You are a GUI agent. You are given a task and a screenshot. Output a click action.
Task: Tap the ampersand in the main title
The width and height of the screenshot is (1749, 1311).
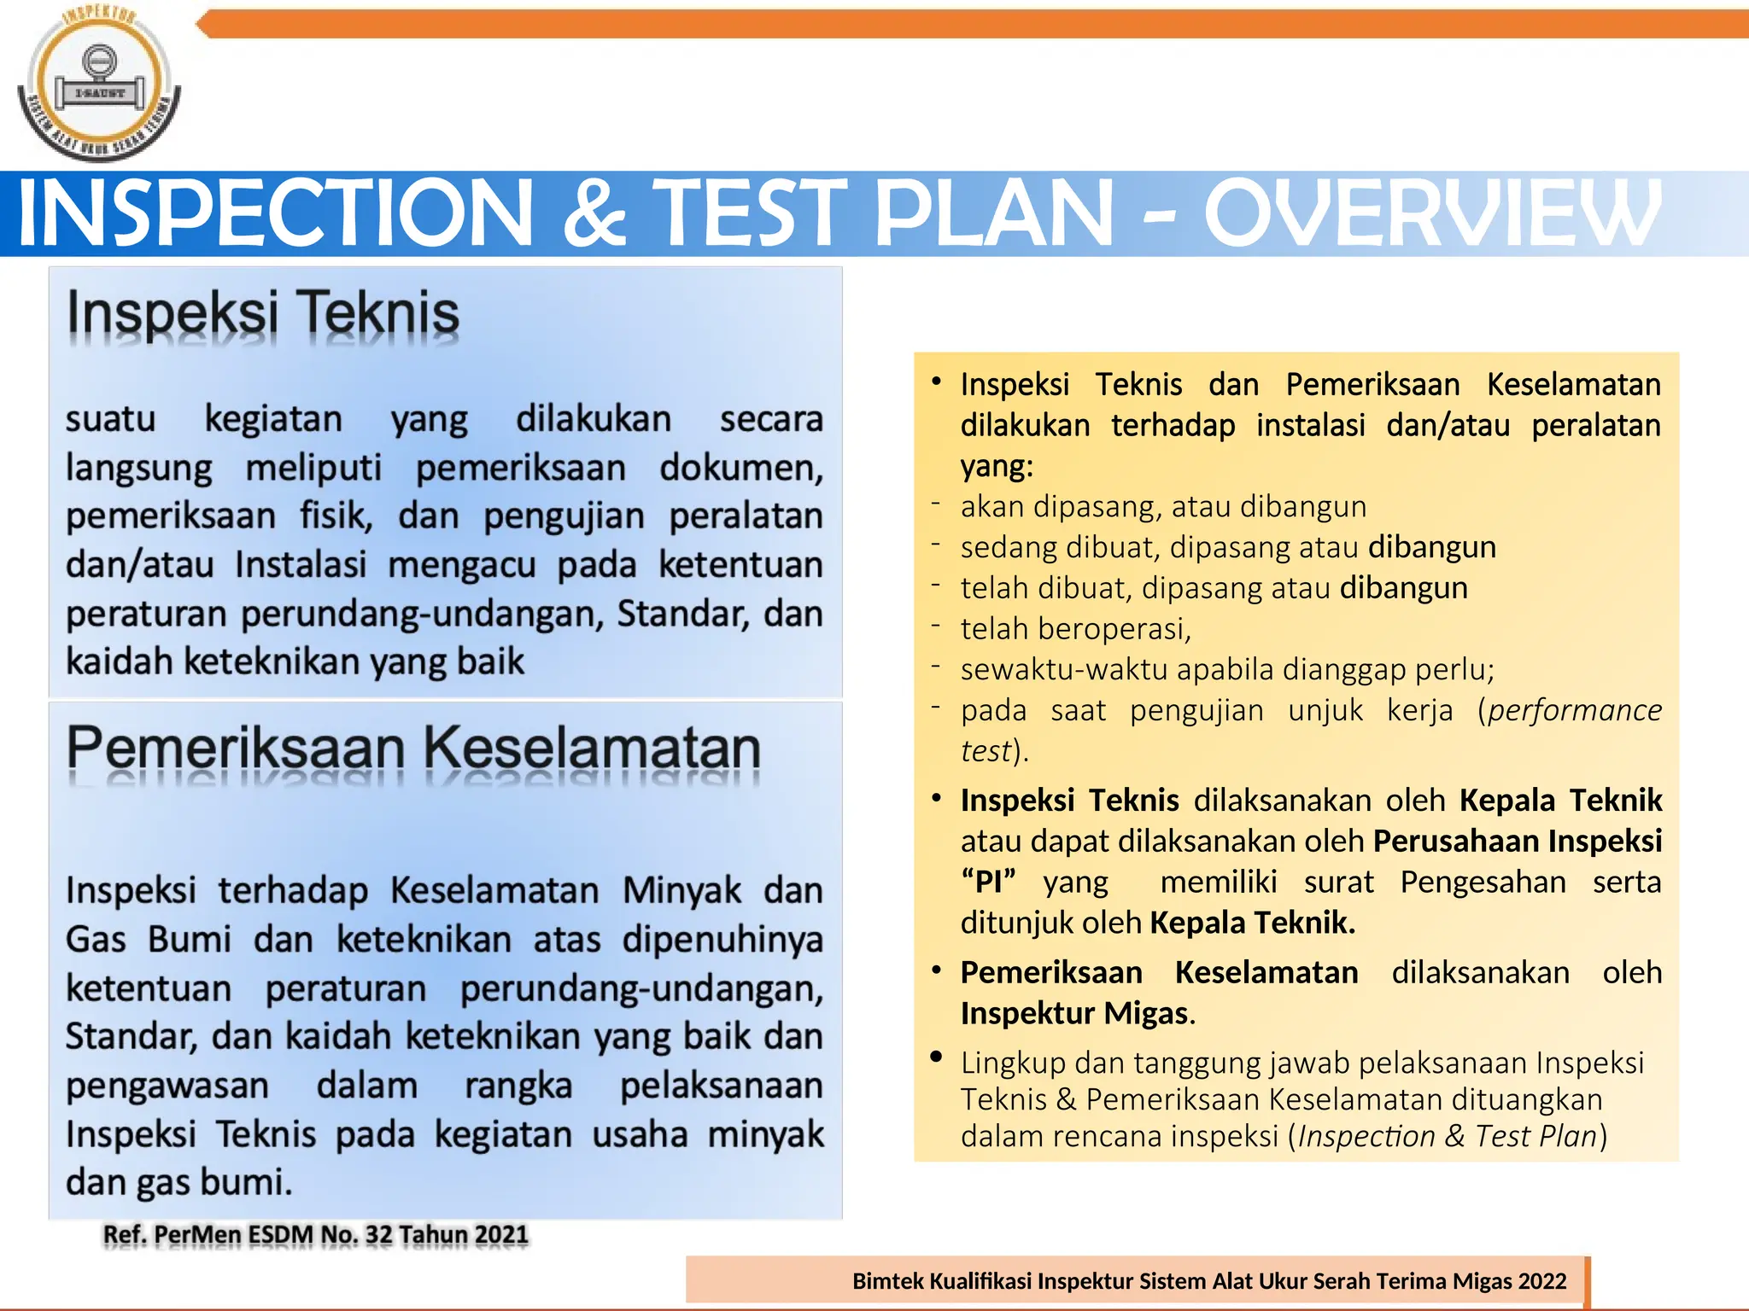(x=595, y=213)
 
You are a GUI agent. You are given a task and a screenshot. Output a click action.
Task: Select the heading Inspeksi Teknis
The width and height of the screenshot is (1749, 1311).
(x=263, y=313)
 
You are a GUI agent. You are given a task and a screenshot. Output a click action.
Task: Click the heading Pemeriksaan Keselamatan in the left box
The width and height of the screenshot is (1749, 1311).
(x=413, y=749)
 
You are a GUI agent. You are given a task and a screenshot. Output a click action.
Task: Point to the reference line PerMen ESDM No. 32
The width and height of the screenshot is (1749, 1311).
(x=315, y=1235)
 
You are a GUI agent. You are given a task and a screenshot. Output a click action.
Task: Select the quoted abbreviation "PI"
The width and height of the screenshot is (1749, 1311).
(x=988, y=882)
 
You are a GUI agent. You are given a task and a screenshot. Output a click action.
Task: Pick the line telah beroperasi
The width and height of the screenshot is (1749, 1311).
(x=1075, y=629)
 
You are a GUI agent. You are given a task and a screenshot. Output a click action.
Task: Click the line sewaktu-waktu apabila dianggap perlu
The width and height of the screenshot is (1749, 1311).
(x=1227, y=669)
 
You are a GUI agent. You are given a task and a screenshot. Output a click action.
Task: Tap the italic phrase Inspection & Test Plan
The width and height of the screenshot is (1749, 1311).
(x=1447, y=1136)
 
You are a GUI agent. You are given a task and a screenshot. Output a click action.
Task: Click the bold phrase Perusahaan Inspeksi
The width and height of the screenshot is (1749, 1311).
(x=1517, y=841)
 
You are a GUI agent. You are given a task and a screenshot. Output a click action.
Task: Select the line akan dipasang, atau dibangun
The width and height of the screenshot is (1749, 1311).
(x=1163, y=507)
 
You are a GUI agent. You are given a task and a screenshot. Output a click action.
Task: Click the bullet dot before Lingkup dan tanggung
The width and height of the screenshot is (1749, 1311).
(x=936, y=1058)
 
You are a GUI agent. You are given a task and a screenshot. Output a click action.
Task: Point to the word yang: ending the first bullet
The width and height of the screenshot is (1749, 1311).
(x=997, y=466)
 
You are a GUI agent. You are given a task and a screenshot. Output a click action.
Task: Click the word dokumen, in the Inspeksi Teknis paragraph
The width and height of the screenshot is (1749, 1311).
(x=740, y=468)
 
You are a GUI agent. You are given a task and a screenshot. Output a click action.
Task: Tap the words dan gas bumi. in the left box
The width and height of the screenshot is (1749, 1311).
(x=179, y=1183)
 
